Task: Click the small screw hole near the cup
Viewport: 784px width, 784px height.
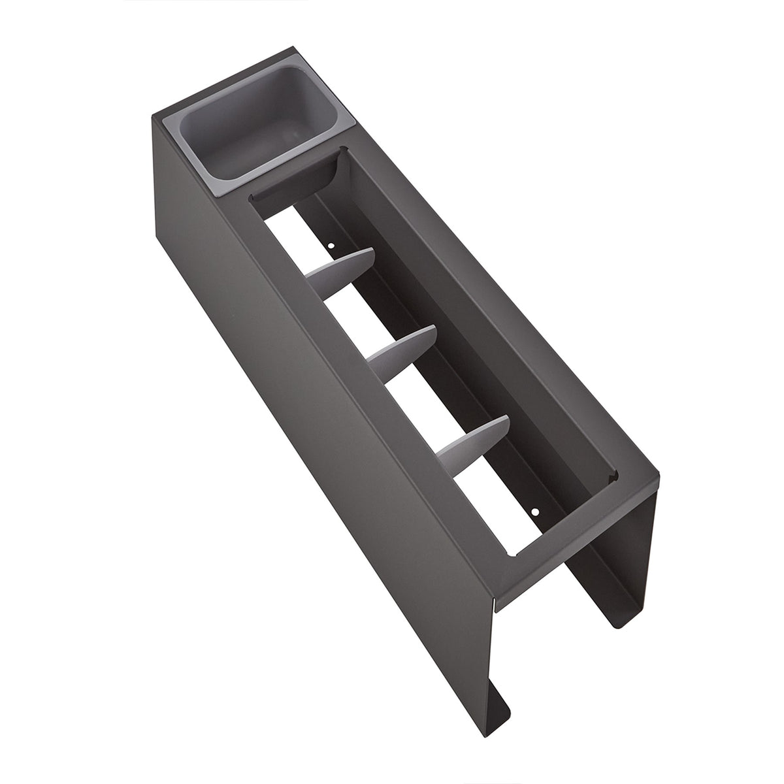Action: coord(331,246)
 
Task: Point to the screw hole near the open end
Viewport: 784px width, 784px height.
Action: coord(535,512)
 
